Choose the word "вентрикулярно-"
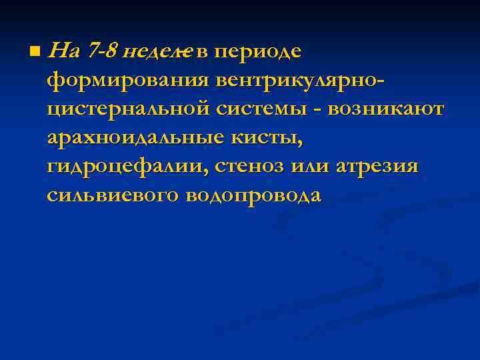(x=301, y=80)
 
